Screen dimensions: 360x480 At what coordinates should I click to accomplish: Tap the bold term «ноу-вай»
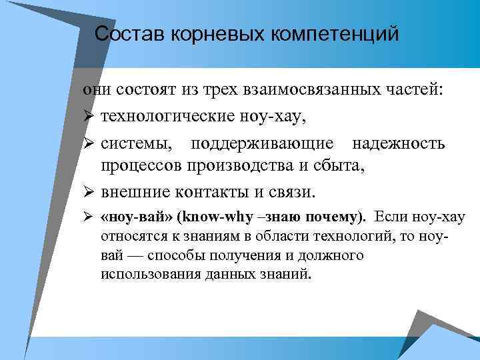136,217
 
